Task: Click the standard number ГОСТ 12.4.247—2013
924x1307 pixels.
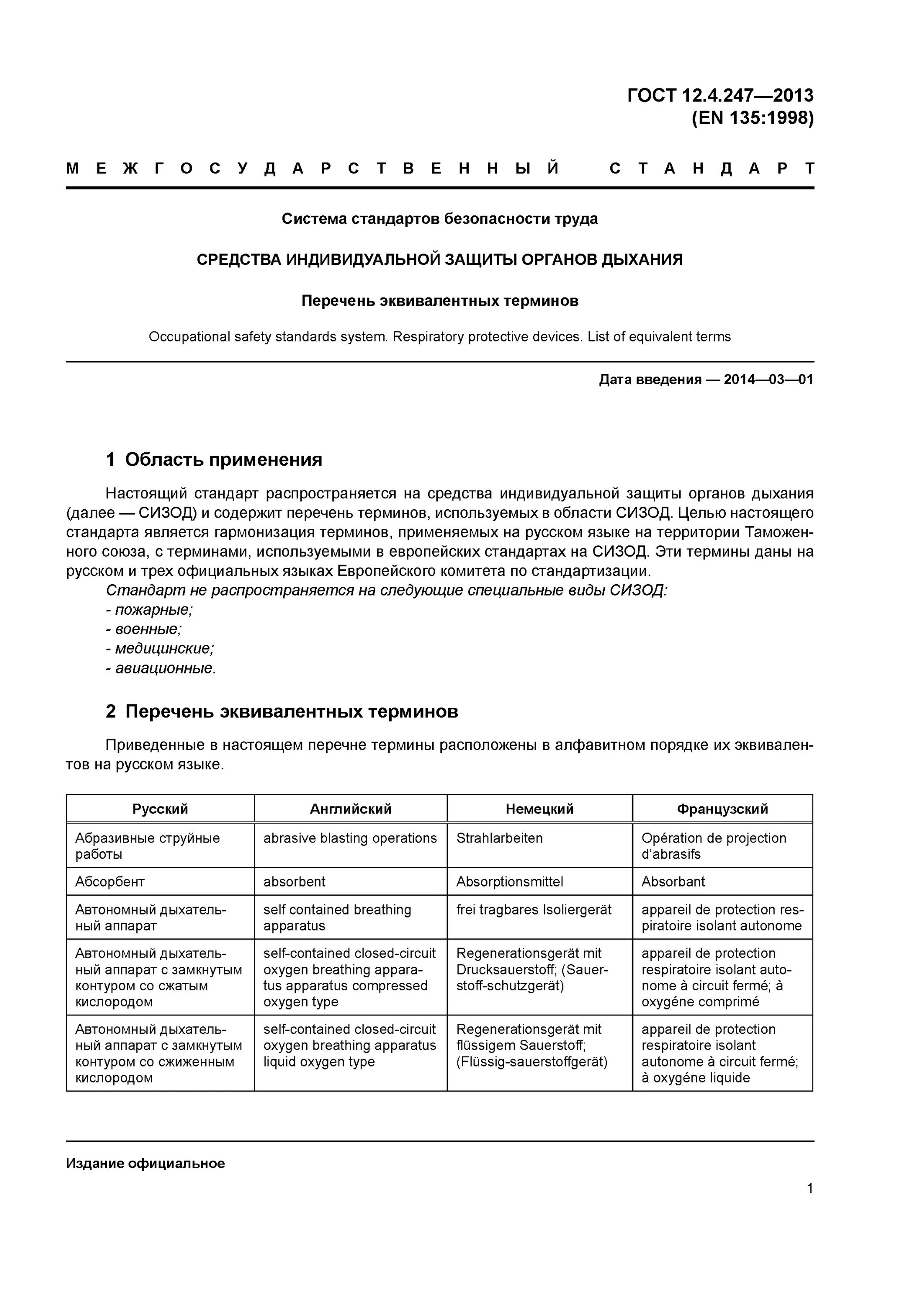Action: coord(720,95)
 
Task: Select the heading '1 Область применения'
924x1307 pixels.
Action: coord(213,459)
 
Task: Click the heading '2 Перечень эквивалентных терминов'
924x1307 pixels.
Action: coord(282,711)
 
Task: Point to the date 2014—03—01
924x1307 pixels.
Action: coord(768,380)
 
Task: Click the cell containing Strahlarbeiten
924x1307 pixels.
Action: coord(499,838)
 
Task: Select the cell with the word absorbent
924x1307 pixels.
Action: coord(294,881)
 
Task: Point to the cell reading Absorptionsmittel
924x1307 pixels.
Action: coord(510,881)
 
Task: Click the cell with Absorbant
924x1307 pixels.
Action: coord(673,881)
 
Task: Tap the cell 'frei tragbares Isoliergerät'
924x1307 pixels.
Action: coord(534,910)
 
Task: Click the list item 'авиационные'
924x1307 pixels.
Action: coord(161,668)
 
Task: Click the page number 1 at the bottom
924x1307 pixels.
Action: coord(809,1188)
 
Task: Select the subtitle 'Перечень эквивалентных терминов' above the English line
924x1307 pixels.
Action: coord(440,301)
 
